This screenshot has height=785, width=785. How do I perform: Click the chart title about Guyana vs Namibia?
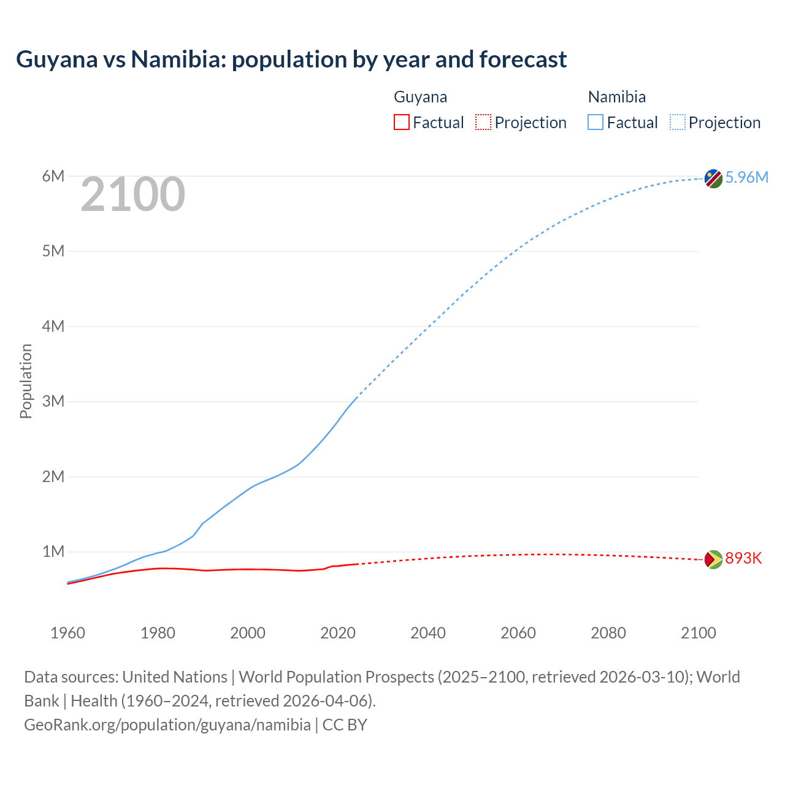[x=291, y=59]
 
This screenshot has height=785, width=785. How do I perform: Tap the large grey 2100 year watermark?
[x=132, y=194]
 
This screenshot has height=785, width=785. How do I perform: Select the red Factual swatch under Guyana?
[x=401, y=122]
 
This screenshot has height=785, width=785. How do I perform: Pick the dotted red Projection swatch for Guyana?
[x=483, y=122]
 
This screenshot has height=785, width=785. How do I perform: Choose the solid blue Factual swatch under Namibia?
[x=595, y=122]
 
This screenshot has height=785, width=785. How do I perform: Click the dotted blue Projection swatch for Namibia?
[x=677, y=122]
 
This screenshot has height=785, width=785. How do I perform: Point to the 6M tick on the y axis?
[x=53, y=177]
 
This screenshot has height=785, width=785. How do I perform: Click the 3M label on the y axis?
[x=53, y=401]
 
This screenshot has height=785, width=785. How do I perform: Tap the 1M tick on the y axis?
[x=53, y=551]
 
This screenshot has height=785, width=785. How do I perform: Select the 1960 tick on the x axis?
[x=67, y=633]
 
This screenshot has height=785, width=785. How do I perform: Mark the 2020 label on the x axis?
[x=338, y=633]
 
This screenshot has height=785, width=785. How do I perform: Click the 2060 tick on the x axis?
[x=518, y=633]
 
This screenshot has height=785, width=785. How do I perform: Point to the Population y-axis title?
[x=26, y=381]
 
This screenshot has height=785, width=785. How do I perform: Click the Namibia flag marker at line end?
[x=713, y=178]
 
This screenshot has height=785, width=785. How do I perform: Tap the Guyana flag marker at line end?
[x=713, y=559]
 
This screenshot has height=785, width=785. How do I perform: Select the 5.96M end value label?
[x=746, y=177]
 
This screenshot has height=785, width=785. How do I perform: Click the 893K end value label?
[x=743, y=558]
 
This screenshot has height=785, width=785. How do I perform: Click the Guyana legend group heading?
[x=420, y=97]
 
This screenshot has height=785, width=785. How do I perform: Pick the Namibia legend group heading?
[x=616, y=97]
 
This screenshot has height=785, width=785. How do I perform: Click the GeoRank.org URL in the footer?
[x=167, y=724]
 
